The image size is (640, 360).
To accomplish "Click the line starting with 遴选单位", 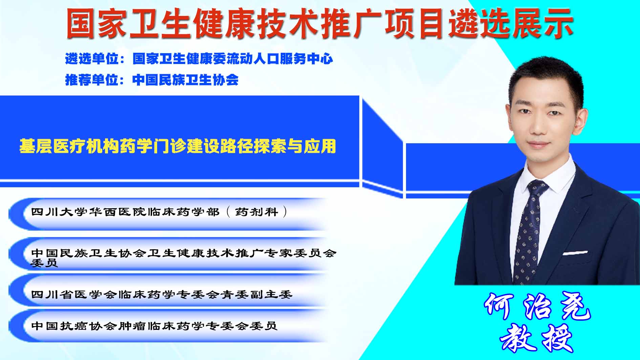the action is pyautogui.click(x=199, y=59).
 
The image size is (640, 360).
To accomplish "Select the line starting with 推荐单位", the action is pyautogui.click(x=152, y=80).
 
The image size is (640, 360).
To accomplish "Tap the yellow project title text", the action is pyautogui.click(x=177, y=146).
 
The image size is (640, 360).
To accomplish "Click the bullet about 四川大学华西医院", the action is pyautogui.click(x=159, y=212).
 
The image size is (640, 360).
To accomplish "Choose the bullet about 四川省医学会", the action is pyautogui.click(x=162, y=294).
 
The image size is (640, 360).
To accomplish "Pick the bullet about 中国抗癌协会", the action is pyautogui.click(x=154, y=326).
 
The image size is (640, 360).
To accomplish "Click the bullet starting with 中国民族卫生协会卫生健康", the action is pyautogui.click(x=184, y=257).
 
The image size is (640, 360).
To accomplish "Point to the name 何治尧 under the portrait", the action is pyautogui.click(x=537, y=306).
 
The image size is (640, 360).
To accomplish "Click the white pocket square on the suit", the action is pyautogui.click(x=575, y=253).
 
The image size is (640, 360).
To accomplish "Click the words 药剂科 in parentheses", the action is pyautogui.click(x=256, y=212).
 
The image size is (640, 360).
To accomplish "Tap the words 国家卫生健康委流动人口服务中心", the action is pyautogui.click(x=233, y=59).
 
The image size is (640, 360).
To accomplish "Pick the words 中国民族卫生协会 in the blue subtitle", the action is pyautogui.click(x=186, y=80).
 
